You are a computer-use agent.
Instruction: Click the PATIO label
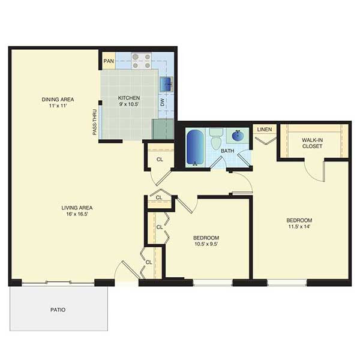coord(58,310)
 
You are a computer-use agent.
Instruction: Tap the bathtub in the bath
coord(195,148)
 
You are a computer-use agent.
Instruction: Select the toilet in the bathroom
coord(216,139)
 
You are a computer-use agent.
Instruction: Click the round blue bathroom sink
coord(238,136)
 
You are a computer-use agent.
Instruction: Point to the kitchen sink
coord(166,84)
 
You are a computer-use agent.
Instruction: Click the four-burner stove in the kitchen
coord(142,61)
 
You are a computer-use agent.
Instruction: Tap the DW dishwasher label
coord(163,102)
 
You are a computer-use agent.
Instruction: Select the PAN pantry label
coord(109,61)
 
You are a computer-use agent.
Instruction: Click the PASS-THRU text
coord(95,122)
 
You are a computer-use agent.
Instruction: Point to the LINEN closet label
coord(265,130)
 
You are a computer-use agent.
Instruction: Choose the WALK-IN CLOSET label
coord(312,143)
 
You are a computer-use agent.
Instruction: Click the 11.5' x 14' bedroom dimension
coord(299,227)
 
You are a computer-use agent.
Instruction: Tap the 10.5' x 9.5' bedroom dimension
coord(206,244)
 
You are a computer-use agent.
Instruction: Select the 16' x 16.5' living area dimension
coord(77,214)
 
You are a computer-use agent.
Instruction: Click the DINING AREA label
coord(58,100)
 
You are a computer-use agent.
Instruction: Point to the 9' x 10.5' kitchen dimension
coord(128,104)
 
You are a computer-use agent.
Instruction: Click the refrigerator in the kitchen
coord(163,129)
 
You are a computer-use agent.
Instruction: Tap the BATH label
coord(227,151)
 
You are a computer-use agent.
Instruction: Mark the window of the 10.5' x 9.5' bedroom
coord(213,283)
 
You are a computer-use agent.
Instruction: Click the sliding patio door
coord(58,283)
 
